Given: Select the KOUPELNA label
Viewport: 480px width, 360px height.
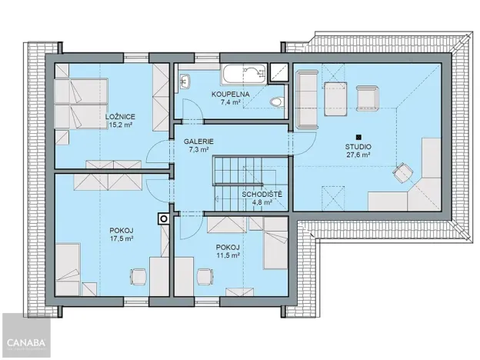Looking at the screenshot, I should point(229,94).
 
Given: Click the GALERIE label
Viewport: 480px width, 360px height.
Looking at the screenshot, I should point(198,142).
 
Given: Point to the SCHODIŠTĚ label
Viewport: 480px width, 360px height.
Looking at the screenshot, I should point(262,195).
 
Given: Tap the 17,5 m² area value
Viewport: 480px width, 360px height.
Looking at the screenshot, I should point(122,238).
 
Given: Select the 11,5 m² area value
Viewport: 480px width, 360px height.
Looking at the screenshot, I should point(228,255).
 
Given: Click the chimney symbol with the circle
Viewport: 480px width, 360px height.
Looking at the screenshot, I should point(163,218).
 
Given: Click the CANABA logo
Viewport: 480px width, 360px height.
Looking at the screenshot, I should point(25,341).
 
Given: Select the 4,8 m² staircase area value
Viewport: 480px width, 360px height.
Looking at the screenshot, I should point(262,204).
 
